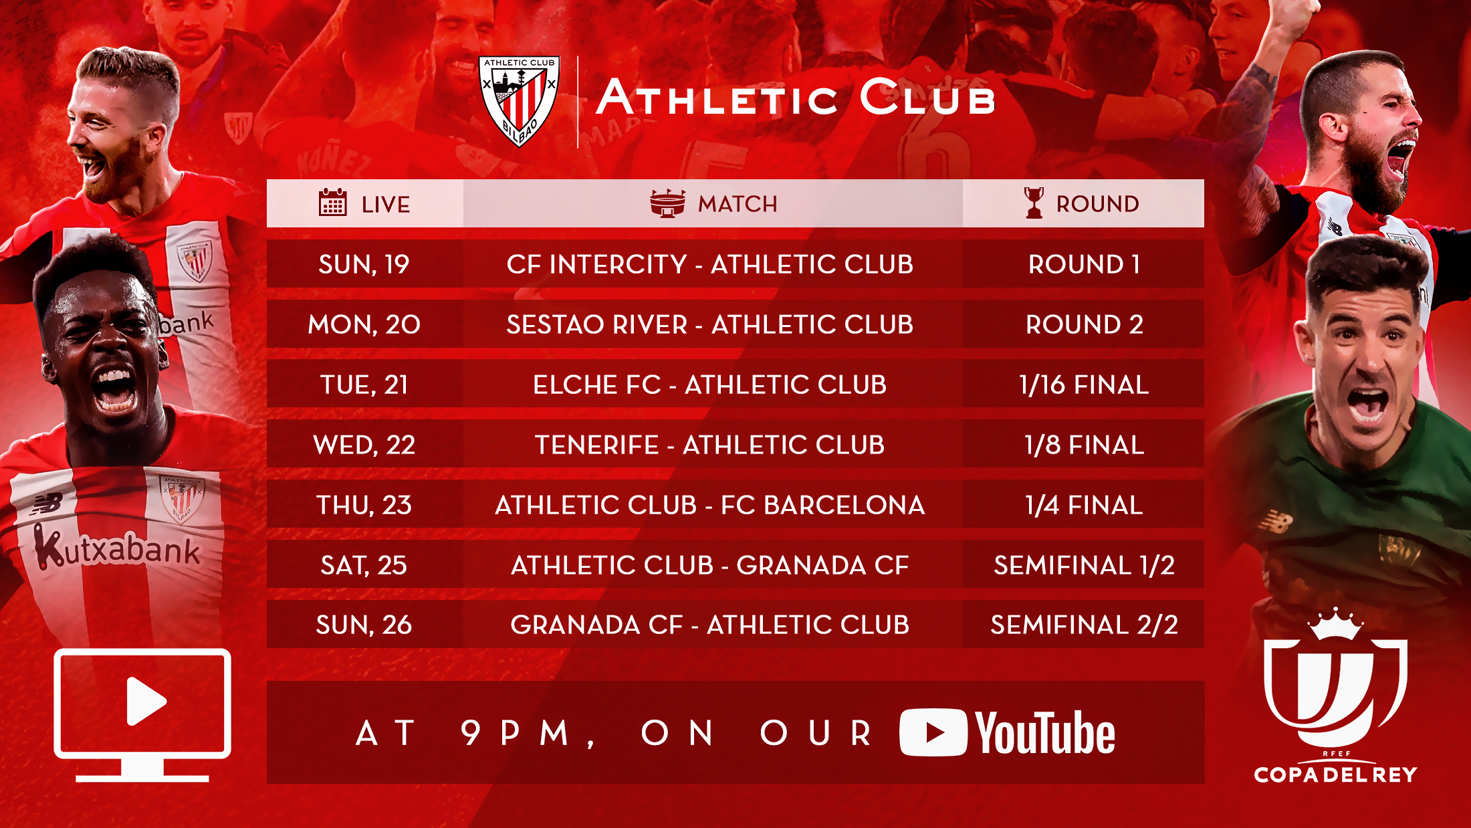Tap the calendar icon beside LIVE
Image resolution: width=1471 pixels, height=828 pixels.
pos(332,203)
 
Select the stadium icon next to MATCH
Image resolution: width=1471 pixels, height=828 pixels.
pos(667,203)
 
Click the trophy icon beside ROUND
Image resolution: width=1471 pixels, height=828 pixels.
pos(1034,203)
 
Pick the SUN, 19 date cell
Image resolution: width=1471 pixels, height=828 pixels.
pos(364,264)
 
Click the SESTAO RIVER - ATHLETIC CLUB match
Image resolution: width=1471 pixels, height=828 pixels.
pos(709,324)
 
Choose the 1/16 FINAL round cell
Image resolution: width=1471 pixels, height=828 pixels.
pos(1084,385)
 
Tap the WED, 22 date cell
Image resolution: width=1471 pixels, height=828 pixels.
pos(364,445)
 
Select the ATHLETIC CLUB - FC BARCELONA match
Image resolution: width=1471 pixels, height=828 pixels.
pos(709,505)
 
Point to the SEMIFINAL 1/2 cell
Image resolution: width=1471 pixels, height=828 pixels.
pos(1084,565)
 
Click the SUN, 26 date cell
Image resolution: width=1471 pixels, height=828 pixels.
pos(364,625)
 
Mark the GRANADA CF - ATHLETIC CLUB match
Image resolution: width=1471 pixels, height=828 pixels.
pos(709,625)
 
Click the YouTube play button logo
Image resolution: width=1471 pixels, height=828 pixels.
pos(933,732)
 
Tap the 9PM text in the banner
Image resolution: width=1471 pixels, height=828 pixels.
pos(516,733)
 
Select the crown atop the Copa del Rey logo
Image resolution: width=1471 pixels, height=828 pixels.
pos(1335,624)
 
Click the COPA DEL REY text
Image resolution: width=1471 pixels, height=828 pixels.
pos(1335,774)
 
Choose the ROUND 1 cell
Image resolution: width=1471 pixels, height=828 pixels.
pos(1084,264)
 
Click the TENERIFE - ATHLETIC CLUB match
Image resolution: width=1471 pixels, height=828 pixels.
pos(709,445)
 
